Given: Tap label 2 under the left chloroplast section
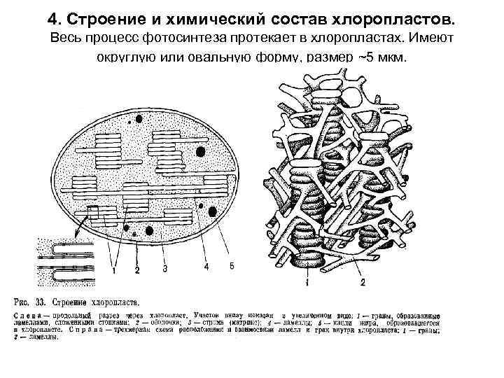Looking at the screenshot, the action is (x=137, y=269).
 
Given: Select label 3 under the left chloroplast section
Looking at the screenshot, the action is (x=164, y=268).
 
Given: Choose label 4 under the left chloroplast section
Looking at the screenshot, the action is (x=206, y=266).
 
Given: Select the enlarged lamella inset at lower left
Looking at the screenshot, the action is (x=66, y=260).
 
